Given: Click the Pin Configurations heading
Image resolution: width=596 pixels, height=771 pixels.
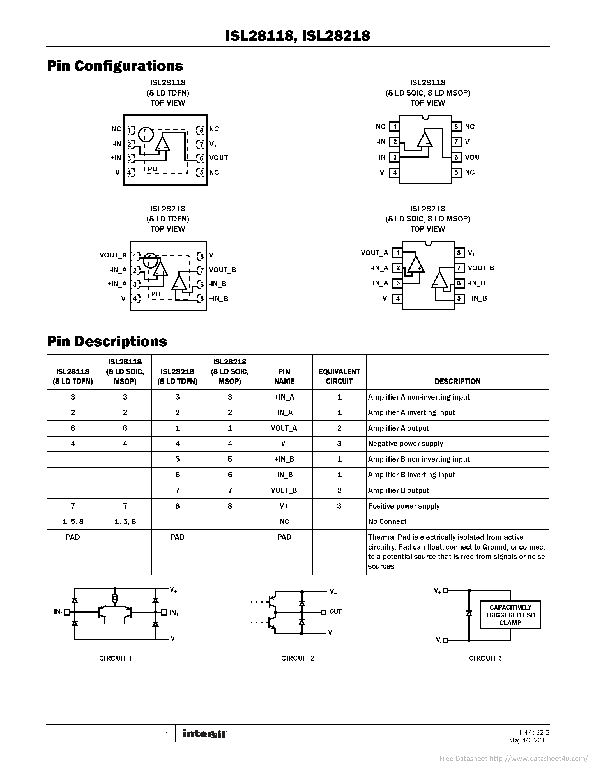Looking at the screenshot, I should click(x=115, y=66).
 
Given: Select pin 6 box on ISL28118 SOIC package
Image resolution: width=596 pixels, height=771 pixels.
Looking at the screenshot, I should click(x=456, y=157).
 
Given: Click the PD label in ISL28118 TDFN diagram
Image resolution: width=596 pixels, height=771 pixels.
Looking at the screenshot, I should click(x=152, y=169).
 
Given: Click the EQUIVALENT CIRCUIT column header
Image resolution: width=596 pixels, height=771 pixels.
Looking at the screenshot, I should click(x=339, y=376).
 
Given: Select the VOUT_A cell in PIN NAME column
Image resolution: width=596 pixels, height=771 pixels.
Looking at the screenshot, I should click(x=284, y=428).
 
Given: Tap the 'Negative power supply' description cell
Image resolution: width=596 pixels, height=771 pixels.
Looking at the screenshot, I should click(x=405, y=444).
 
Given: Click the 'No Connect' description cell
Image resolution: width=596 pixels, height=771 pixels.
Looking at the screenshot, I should click(x=387, y=521).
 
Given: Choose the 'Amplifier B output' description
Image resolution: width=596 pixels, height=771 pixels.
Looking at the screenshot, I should click(x=398, y=490).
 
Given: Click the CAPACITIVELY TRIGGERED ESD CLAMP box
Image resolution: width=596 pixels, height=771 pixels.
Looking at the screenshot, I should click(x=510, y=615).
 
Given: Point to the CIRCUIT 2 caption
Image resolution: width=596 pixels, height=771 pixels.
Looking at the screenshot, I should click(x=298, y=658).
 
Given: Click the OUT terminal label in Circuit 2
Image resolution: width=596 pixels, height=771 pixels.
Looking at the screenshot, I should click(x=335, y=611).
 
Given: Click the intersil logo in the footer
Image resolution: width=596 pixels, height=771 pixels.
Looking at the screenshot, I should click(x=204, y=734).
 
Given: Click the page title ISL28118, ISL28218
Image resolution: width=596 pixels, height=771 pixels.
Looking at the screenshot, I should click(x=298, y=36).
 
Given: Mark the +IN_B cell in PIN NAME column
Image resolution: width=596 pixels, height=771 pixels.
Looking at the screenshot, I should click(x=284, y=459).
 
